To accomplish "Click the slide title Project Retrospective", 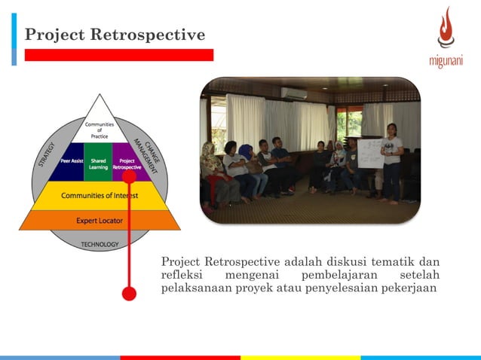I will coord(115,35).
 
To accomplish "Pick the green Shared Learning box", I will coord(98,163).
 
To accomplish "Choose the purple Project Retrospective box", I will coord(126,163).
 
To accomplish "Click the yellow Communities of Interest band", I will coord(100,195).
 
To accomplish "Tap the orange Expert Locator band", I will coord(100,220).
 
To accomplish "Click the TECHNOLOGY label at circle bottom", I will coord(100,244).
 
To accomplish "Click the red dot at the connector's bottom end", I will coord(129,293).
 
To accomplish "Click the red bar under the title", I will coord(118,55).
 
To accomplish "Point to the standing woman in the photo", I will coord(392,162).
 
